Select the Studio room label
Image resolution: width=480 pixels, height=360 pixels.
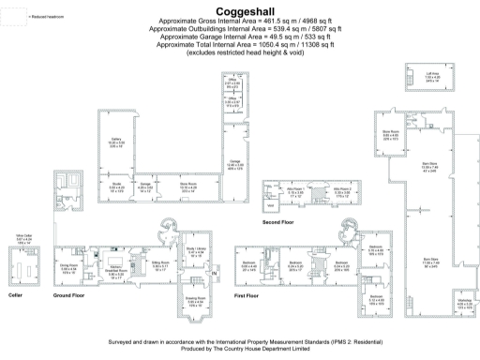pos(117,188)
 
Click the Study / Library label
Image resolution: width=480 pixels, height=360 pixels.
pos(195,251)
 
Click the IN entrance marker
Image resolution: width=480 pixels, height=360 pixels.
pos(217,274)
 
